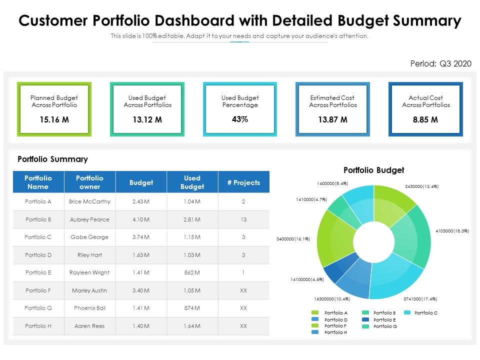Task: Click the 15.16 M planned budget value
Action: [x=54, y=120]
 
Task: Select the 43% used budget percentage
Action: [x=240, y=119]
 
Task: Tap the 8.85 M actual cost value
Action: [x=425, y=120]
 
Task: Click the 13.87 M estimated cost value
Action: [x=332, y=120]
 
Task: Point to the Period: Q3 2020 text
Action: [x=440, y=63]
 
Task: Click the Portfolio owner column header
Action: [x=89, y=182]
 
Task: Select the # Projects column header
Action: [x=243, y=182]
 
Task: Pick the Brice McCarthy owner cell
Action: [x=89, y=201]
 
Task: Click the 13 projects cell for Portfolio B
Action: [x=243, y=219]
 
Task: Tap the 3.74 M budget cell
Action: [x=141, y=237]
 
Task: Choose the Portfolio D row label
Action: [x=38, y=255]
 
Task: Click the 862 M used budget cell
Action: [x=192, y=272]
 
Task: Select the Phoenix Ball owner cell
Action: [x=89, y=308]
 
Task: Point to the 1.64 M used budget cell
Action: [x=192, y=326]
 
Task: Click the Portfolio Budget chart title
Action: [x=373, y=170]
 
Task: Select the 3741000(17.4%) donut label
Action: [x=420, y=299]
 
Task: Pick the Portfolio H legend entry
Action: [x=335, y=332]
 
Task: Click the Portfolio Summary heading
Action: [x=52, y=159]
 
